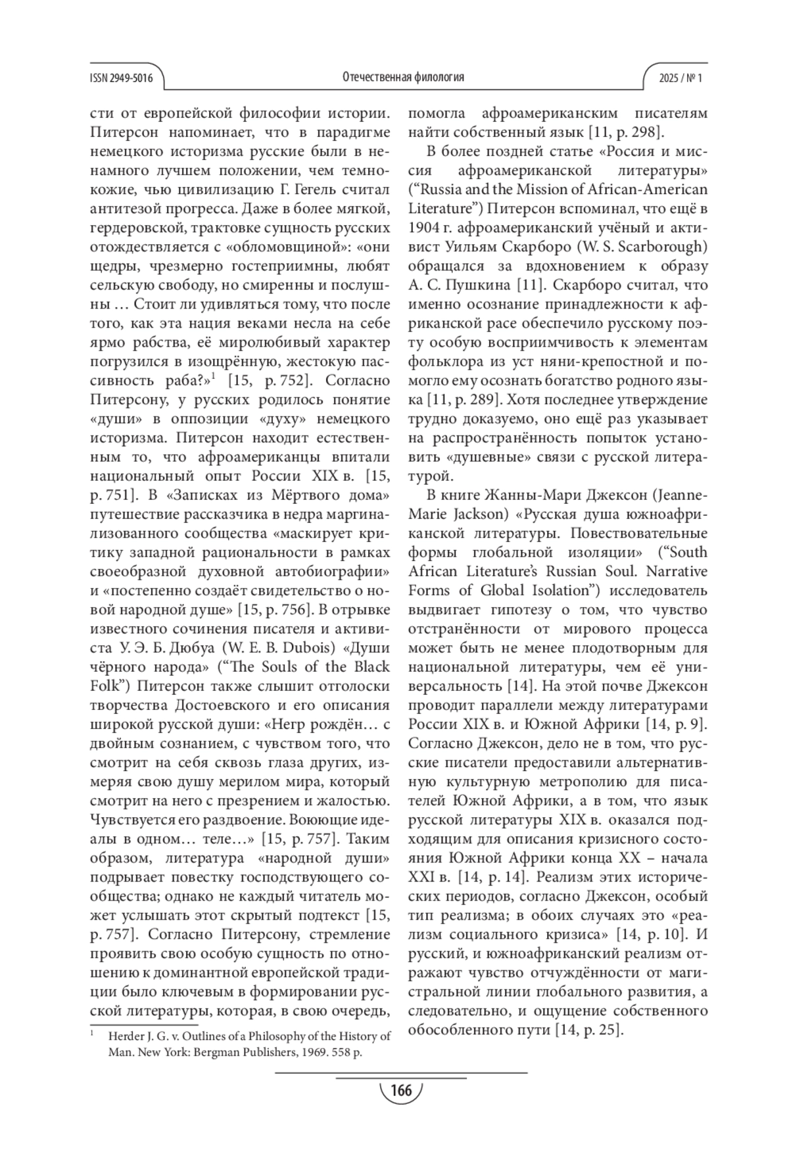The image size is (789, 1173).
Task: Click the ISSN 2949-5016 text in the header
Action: coord(121,78)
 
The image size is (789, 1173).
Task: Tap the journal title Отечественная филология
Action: coord(403,77)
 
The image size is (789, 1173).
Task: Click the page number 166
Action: coord(400,1090)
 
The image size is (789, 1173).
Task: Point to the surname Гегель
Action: coord(306,189)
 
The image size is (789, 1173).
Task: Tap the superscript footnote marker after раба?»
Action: coord(213,377)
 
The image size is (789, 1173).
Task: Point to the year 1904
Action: coord(424,228)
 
